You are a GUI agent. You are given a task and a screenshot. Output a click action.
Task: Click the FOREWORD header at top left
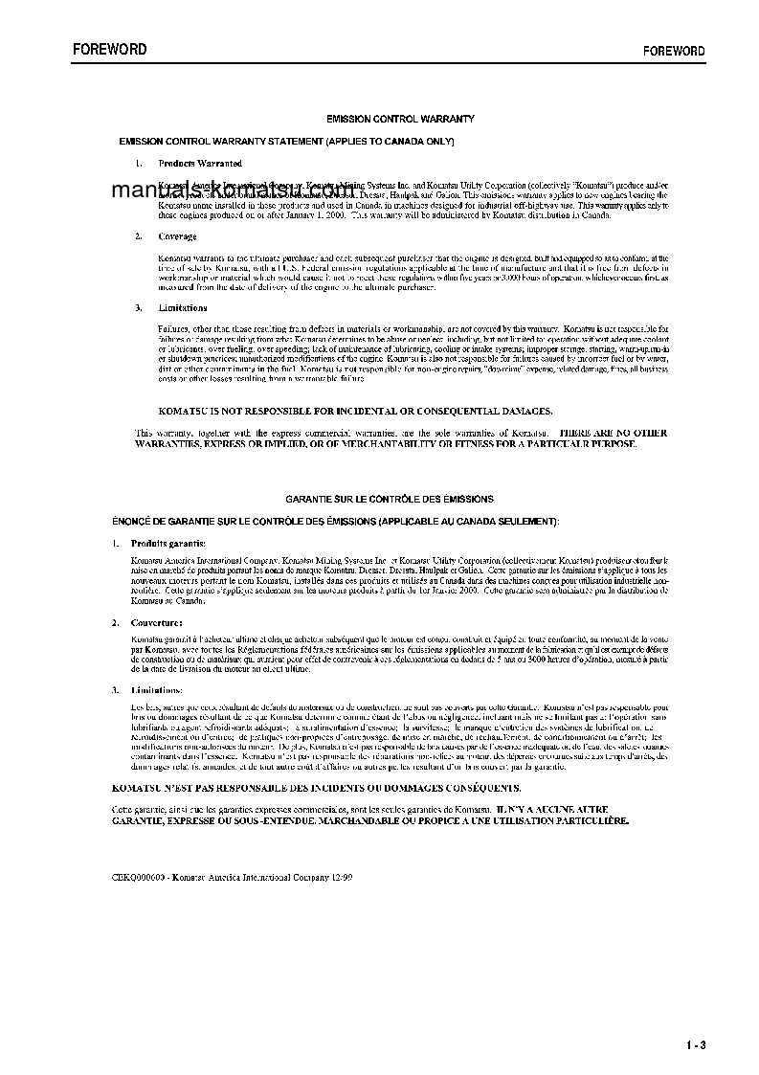pyautogui.click(x=109, y=49)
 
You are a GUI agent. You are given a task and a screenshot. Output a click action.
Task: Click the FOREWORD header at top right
pyautogui.click(x=673, y=51)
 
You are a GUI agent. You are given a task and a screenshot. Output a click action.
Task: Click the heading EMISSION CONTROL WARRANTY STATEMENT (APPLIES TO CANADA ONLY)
pyautogui.click(x=285, y=141)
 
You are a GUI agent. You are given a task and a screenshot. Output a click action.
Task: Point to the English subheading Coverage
pyautogui.click(x=177, y=236)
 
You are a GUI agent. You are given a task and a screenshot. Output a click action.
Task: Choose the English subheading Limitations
pyautogui.click(x=182, y=308)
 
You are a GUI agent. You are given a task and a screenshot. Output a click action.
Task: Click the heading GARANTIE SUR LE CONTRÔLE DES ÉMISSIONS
pyautogui.click(x=390, y=499)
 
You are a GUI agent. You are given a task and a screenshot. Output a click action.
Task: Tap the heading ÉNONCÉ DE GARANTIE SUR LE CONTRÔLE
pyautogui.click(x=335, y=520)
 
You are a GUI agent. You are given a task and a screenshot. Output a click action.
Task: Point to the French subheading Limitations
pyautogui.click(x=155, y=690)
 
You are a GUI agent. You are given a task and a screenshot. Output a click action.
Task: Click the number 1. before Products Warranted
pyautogui.click(x=140, y=164)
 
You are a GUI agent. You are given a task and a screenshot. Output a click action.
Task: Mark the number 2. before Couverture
pyautogui.click(x=114, y=621)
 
